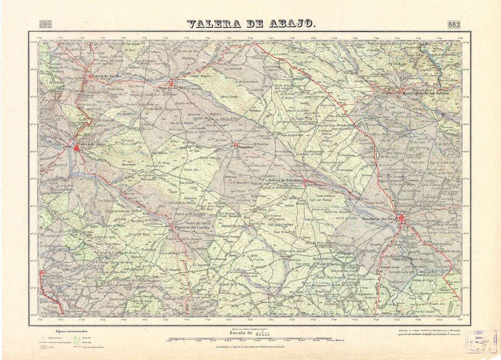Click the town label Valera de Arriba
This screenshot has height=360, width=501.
pos(106,76)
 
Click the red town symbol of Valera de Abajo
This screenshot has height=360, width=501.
pos(76,148)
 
